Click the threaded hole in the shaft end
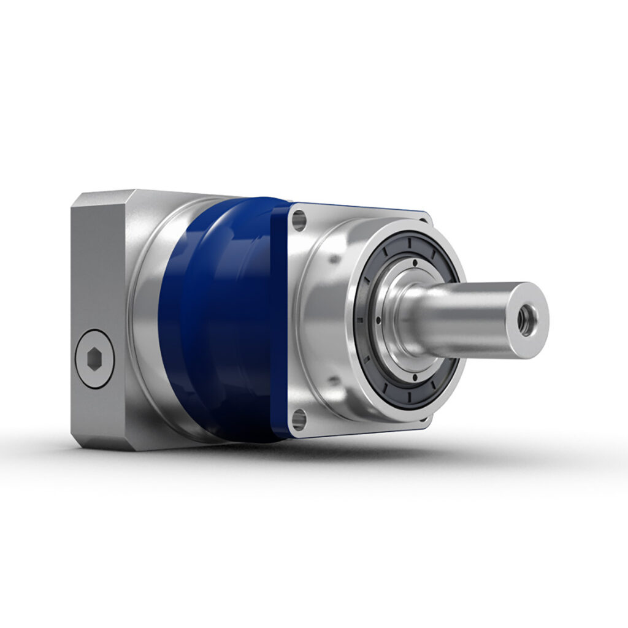526,320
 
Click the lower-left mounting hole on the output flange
299,419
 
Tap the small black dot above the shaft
415,262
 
